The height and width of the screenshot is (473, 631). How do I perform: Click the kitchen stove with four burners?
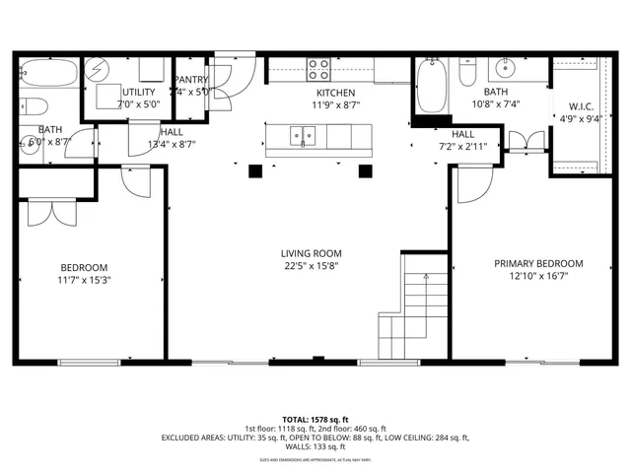[319, 69]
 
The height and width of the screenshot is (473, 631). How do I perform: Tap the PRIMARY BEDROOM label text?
[538, 263]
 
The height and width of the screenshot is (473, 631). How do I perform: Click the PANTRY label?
[190, 79]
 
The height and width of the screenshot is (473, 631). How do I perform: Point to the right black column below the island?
[366, 170]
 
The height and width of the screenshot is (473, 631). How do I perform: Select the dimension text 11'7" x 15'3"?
[84, 280]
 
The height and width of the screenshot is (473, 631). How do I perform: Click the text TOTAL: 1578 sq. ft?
[315, 419]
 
